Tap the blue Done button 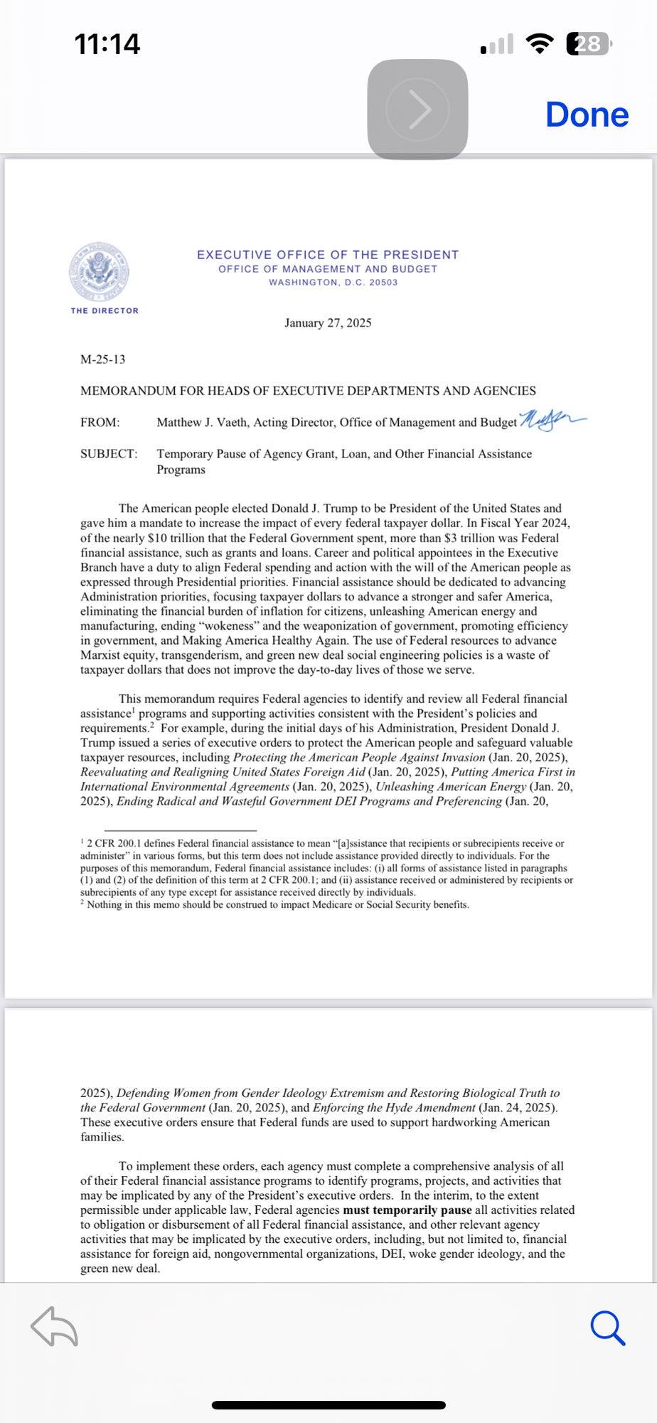click(x=587, y=115)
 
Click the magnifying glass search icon click(x=607, y=1328)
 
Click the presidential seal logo click(x=100, y=272)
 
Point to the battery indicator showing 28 click(x=588, y=44)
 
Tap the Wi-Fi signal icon click(x=540, y=44)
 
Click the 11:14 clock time click(x=107, y=44)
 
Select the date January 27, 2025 click(x=328, y=323)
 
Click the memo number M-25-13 click(x=103, y=359)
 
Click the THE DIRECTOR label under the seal click(x=105, y=311)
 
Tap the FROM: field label click(x=100, y=423)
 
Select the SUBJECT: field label click(x=109, y=454)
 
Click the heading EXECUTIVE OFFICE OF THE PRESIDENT click(x=328, y=255)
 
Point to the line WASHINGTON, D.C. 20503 click(x=333, y=282)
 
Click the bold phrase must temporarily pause click(x=407, y=1210)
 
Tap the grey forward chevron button click(x=418, y=110)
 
